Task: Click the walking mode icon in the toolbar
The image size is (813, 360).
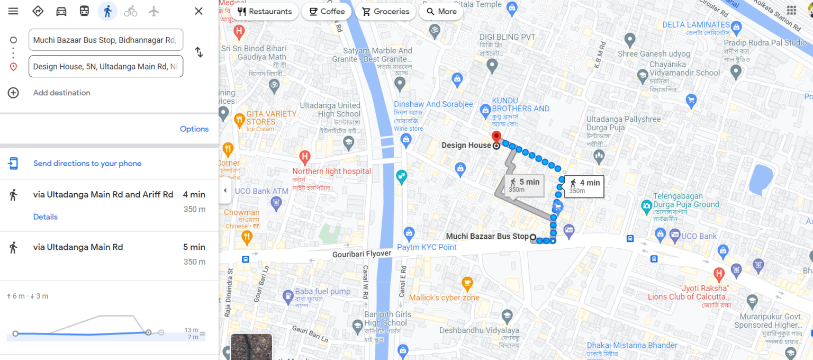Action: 107,11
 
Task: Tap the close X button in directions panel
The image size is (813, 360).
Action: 198,11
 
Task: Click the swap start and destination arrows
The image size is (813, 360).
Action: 198,52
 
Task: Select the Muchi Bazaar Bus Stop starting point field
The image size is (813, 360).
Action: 106,40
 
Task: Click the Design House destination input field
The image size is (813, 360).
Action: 106,66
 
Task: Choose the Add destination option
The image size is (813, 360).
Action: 61,93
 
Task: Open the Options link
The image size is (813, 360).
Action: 194,129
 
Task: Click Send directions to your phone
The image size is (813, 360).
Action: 87,164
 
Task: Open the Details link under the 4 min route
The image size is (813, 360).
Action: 45,217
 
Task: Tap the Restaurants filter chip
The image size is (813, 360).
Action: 264,12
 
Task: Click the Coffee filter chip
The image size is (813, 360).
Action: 327,12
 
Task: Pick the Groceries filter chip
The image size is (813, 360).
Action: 385,12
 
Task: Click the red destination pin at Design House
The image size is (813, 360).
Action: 496,137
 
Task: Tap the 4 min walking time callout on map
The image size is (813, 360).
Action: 584,186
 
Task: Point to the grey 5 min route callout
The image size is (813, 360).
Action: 524,185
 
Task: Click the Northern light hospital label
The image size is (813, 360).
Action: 332,171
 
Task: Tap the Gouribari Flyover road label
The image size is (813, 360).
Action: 362,254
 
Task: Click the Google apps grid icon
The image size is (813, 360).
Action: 791,11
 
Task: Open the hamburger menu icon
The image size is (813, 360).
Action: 13,11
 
